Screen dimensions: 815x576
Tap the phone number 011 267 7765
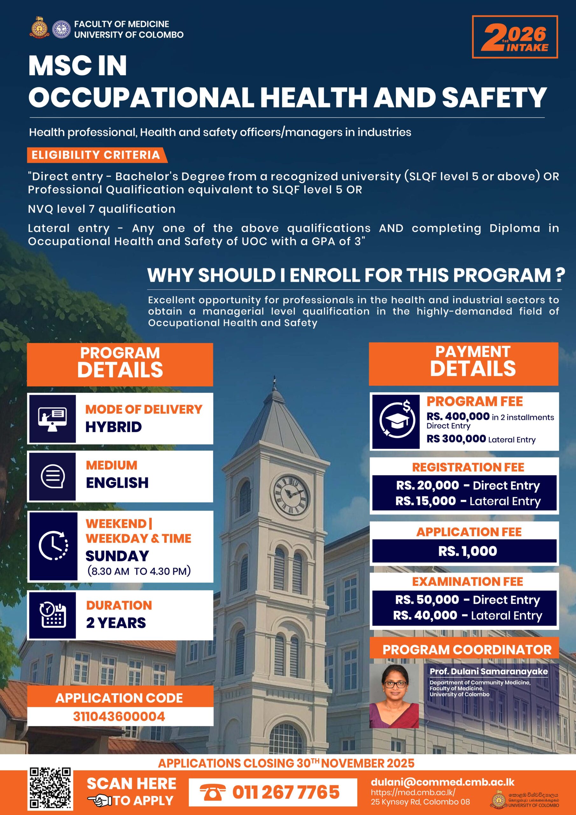(x=286, y=792)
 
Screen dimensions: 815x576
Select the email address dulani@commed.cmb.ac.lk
(x=442, y=782)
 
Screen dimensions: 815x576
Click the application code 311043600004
(x=119, y=716)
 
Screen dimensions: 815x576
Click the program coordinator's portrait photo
(x=394, y=696)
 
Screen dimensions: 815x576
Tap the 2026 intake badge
(x=515, y=37)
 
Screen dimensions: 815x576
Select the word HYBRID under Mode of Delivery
(x=114, y=427)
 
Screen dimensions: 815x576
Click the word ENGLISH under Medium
(x=117, y=483)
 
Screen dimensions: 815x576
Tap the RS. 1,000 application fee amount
(x=467, y=551)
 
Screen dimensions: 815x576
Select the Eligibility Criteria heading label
(x=96, y=155)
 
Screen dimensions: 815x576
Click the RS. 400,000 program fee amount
(x=458, y=416)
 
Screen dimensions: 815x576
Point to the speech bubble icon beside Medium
(x=53, y=476)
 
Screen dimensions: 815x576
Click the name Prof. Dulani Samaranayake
(x=488, y=671)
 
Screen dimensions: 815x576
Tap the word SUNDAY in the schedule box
(x=117, y=556)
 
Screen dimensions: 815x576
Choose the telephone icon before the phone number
(x=212, y=793)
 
